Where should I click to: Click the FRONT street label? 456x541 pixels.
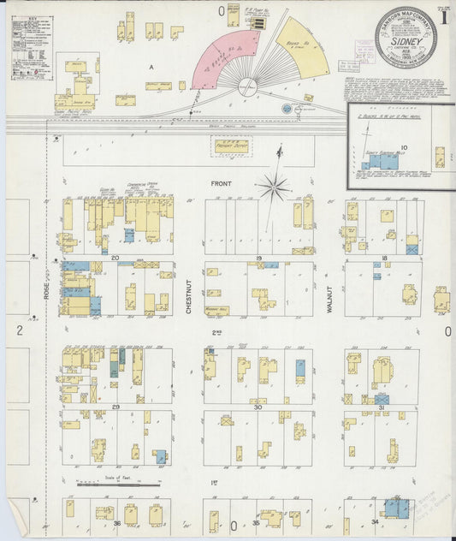[x=222, y=183]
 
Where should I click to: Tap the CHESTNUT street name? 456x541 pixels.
[x=188, y=299]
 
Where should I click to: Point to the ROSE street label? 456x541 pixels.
[x=47, y=294]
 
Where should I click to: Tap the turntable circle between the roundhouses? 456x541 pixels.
[x=247, y=86]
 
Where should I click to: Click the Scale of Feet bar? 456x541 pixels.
[x=115, y=485]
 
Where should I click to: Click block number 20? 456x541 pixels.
[x=115, y=257]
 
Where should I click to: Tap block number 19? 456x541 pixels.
[x=258, y=257]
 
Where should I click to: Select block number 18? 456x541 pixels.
[x=384, y=257]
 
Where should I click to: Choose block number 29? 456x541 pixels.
[x=115, y=407]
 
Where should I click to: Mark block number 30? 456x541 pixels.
[x=258, y=407]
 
